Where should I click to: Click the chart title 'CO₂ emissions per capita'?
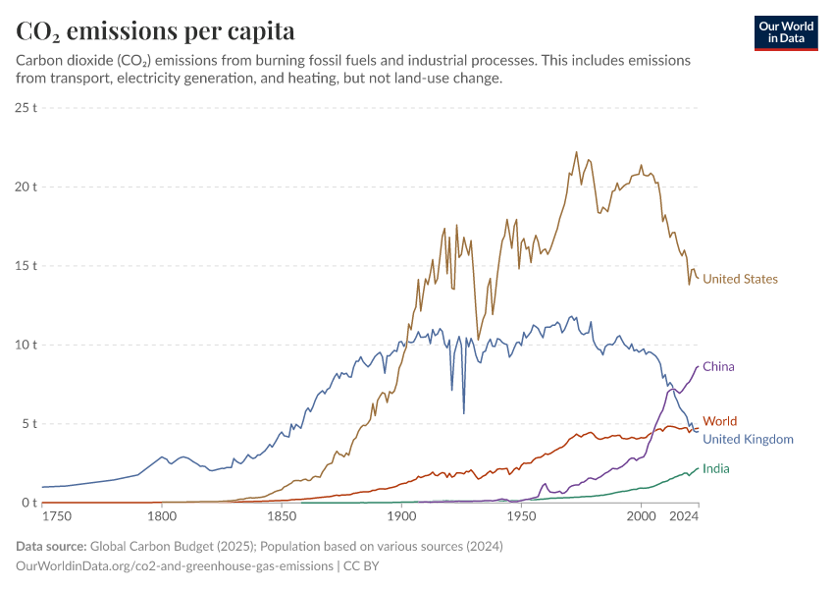point(156,31)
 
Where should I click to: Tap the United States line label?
point(740,279)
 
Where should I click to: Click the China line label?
point(718,366)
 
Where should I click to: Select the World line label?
point(719,421)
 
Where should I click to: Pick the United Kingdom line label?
point(748,439)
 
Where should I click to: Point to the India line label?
point(715,468)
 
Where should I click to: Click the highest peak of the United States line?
point(576,152)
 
